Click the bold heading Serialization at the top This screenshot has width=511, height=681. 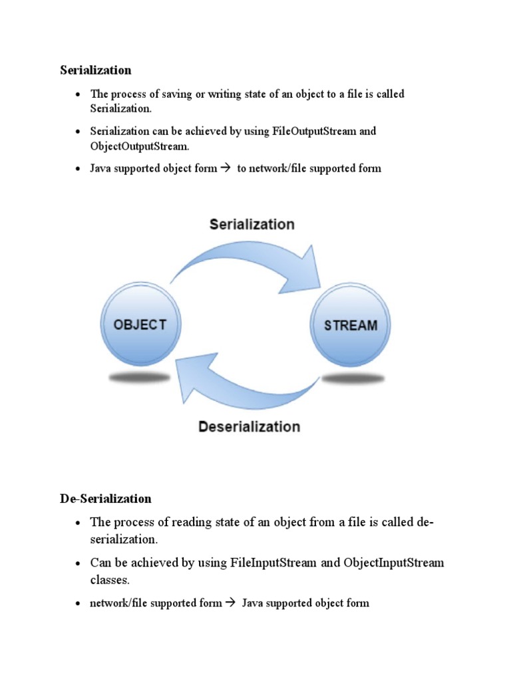pos(96,70)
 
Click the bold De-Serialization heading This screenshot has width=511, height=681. pos(106,498)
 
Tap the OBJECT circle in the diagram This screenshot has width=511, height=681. pos(140,325)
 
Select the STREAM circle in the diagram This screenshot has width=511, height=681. pos(351,325)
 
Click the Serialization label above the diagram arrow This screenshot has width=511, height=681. pos(252,224)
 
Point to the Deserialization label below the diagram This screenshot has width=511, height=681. pos(249,426)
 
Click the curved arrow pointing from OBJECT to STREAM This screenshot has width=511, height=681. pos(246,259)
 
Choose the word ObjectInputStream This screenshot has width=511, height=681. pos(394,563)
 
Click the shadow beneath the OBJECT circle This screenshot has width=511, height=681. pos(140,377)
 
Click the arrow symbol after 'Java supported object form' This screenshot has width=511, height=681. pos(224,168)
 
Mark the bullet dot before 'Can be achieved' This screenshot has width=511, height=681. pos(77,563)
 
